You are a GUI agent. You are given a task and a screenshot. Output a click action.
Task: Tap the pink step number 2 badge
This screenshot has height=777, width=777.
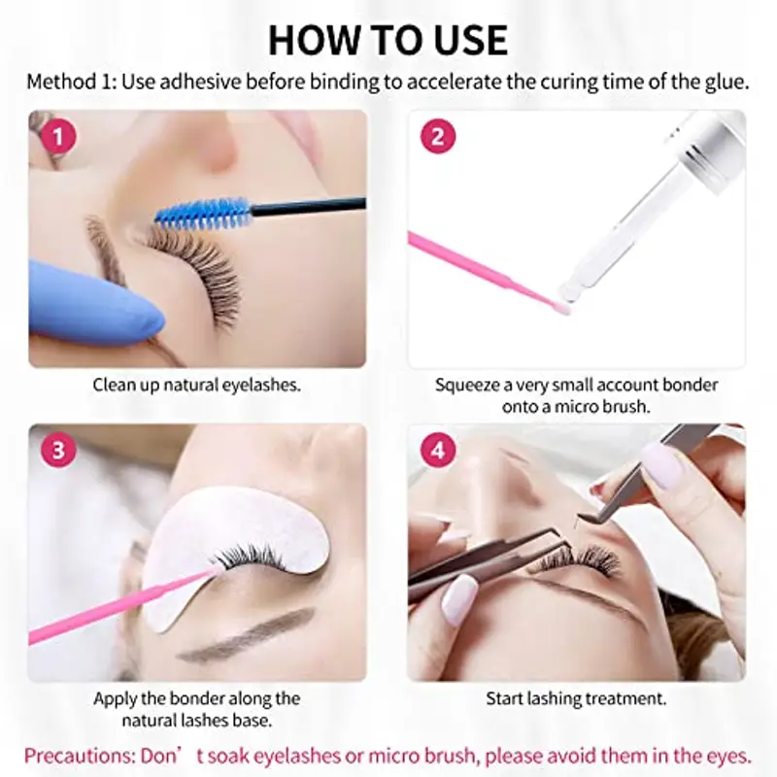438,136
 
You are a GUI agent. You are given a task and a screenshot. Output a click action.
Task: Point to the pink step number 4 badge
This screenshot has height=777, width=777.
438,451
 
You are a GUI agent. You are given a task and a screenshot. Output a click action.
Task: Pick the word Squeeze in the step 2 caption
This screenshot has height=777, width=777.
465,385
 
